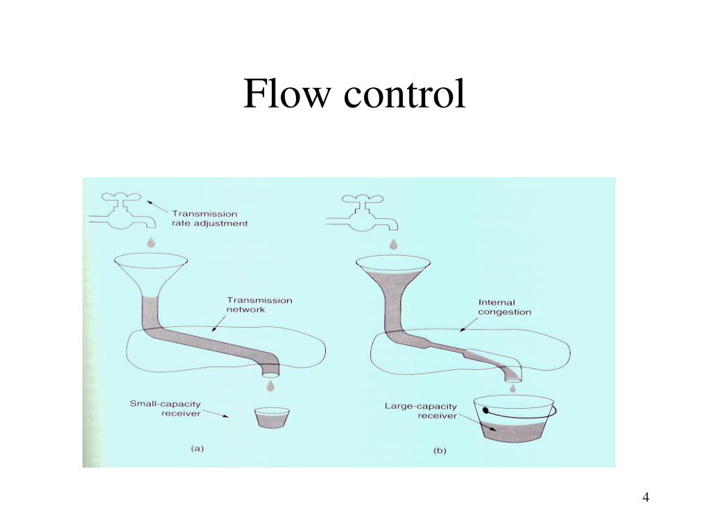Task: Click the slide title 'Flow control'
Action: click(x=354, y=94)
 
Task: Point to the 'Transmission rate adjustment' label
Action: click(x=209, y=219)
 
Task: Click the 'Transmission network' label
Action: click(x=259, y=305)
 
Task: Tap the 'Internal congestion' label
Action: click(x=504, y=307)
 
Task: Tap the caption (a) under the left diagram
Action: click(x=197, y=448)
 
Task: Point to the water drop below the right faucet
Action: click(x=393, y=244)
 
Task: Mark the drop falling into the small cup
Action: click(x=270, y=384)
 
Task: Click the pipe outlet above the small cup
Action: click(x=270, y=364)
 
